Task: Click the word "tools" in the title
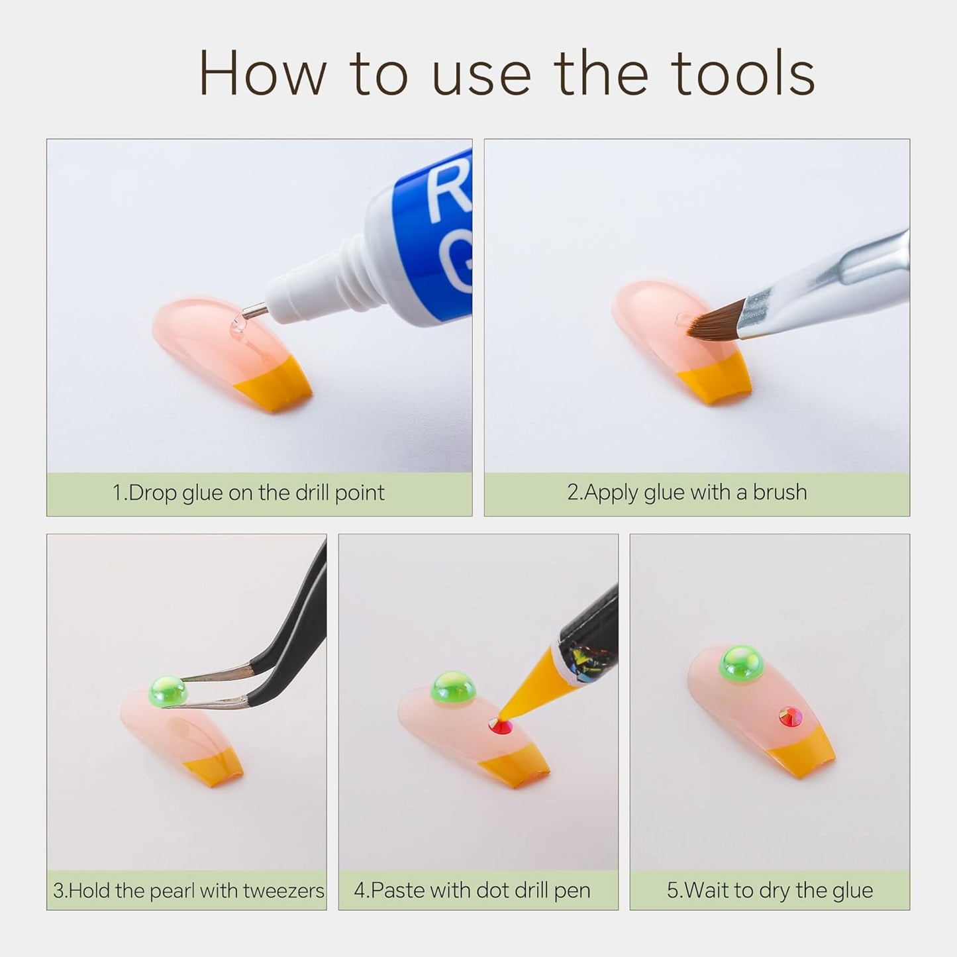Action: point(746,74)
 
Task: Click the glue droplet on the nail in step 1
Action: point(238,325)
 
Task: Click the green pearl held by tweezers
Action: point(168,691)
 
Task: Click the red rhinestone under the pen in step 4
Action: point(501,726)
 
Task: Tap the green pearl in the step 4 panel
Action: point(453,688)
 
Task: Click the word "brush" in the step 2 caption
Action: point(780,492)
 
